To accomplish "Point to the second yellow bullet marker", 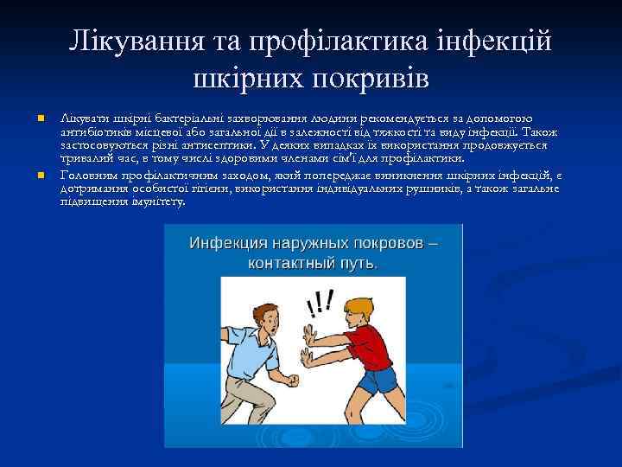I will click(41, 176).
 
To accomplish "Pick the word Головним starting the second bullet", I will click(90, 174).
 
